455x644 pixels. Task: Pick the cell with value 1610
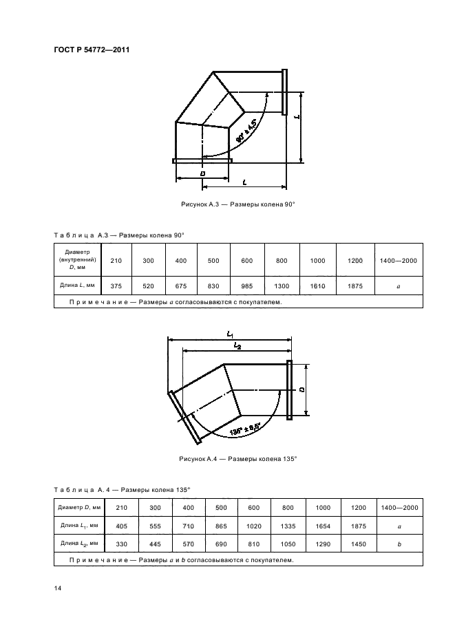tap(317, 284)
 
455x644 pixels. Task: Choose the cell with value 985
tap(247, 284)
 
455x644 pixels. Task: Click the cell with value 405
tap(122, 526)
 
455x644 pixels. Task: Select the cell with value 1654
tap(324, 526)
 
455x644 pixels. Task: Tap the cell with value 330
tap(122, 544)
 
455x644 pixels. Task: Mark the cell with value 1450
tap(358, 544)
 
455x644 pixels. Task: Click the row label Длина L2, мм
tap(80, 544)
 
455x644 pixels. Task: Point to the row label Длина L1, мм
tap(80, 526)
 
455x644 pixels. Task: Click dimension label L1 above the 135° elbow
tap(231, 334)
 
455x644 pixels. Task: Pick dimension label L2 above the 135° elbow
tap(236, 345)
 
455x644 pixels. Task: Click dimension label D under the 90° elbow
tap(203, 174)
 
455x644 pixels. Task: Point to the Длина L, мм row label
tap(77, 284)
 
